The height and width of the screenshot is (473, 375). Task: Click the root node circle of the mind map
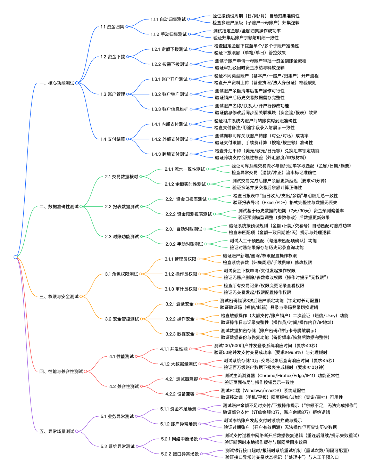coord(15,257)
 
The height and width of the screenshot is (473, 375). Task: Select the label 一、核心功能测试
coord(57,83)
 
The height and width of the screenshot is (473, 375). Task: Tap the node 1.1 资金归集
coord(112,27)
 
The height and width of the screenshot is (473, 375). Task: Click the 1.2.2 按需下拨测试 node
coord(170,64)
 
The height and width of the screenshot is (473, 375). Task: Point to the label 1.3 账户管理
coord(113,94)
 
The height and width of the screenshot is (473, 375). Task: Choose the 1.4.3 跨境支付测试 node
coord(170,154)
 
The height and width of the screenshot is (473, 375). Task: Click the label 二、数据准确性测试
coord(59,206)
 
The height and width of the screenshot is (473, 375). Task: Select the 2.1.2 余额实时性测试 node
coord(185,184)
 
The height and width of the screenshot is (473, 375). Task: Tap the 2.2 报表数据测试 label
coord(122,206)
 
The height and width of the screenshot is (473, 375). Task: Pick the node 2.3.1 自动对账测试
coord(184,229)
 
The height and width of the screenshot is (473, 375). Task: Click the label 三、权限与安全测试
coord(59,296)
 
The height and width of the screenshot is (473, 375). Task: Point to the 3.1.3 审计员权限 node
coord(181,289)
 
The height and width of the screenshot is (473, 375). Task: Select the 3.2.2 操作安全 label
coord(180,319)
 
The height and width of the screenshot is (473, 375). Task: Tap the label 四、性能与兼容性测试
coord(61,372)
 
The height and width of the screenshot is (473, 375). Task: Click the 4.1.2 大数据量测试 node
coord(178,364)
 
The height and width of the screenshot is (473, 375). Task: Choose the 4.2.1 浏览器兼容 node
coord(182,379)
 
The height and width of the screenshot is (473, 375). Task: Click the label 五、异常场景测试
coord(57,431)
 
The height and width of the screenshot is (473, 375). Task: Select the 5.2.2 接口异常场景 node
coord(180,454)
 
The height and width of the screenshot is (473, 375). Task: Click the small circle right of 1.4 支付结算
coord(128,139)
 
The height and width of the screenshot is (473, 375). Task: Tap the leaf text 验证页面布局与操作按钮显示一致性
coord(259,382)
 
